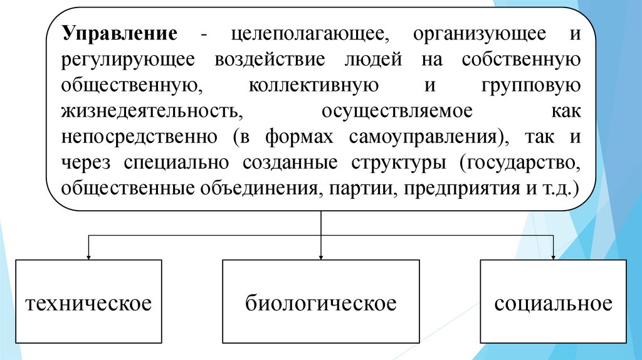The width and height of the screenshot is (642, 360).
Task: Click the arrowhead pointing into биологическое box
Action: coord(320,256)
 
